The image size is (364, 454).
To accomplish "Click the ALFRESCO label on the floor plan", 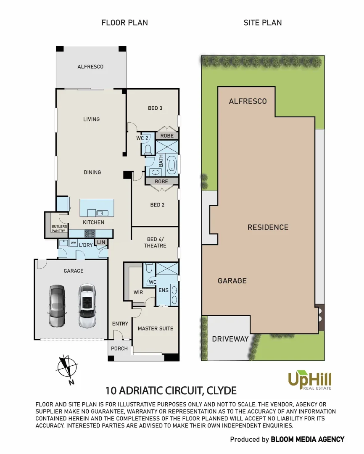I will click(90, 66).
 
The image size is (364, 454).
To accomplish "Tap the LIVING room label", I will click(91, 119).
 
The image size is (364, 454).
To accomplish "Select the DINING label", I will click(92, 172).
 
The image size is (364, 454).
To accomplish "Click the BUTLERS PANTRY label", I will click(58, 228).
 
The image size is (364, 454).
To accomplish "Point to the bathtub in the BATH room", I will click(172, 164).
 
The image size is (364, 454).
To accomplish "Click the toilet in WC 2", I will click(148, 149).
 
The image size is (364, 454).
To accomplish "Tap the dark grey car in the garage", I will click(57, 306).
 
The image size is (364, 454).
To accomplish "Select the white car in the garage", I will click(87, 306).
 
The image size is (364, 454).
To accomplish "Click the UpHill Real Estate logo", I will click(310, 380).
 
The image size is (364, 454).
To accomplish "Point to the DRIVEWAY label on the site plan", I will click(230, 339).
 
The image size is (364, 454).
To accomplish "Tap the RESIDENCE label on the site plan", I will click(268, 227).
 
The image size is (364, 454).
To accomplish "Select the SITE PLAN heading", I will click(263, 23).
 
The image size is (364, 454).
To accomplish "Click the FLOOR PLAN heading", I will click(124, 23).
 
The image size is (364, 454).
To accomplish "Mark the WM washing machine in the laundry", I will click(74, 243).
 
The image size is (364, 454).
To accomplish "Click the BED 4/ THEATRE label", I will click(155, 242).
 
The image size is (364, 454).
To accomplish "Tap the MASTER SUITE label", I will click(156, 328).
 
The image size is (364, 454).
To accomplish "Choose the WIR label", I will click(137, 292).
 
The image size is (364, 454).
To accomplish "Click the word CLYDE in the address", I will click(222, 390).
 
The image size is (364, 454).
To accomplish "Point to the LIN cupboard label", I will click(101, 242).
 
